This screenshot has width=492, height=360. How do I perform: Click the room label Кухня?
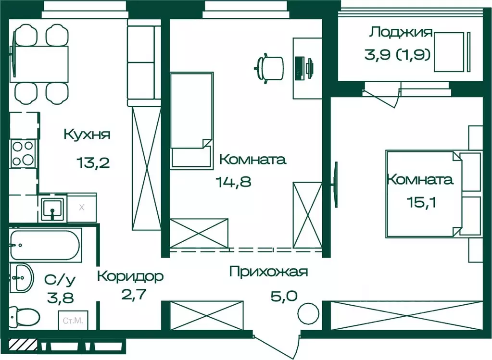(87, 134)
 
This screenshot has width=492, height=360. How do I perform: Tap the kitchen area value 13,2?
(93, 162)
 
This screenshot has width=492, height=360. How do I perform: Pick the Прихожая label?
(268, 272)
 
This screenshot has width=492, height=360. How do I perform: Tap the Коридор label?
(130, 276)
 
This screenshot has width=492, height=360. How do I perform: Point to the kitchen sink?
(52, 209)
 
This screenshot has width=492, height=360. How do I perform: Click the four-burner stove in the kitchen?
(23, 154)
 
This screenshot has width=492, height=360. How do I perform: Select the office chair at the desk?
(270, 67)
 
